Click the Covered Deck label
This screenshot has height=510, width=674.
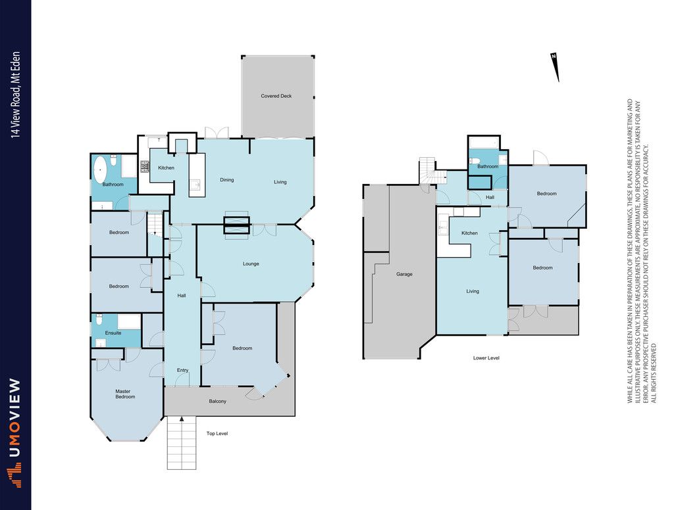pyautogui.click(x=276, y=96)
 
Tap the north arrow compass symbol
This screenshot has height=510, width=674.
pyautogui.click(x=555, y=66)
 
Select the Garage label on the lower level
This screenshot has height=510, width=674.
pyautogui.click(x=404, y=274)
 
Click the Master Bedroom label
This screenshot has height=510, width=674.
pyautogui.click(x=125, y=394)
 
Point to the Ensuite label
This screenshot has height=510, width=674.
pyautogui.click(x=113, y=333)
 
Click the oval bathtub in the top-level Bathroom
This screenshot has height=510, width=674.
pyautogui.click(x=100, y=171)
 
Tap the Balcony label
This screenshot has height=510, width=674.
pyautogui.click(x=217, y=402)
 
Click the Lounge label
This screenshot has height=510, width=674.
pyautogui.click(x=251, y=264)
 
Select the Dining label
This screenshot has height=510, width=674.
pyautogui.click(x=227, y=180)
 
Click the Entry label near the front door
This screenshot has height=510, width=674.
pyautogui.click(x=183, y=370)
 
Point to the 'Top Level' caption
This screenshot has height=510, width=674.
pyautogui.click(x=217, y=434)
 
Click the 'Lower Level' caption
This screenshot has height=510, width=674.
pyautogui.click(x=486, y=358)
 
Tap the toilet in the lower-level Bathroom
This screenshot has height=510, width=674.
pyautogui.click(x=474, y=161)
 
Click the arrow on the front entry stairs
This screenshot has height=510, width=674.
pyautogui.click(x=182, y=419)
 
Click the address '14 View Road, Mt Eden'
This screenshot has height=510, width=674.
pyautogui.click(x=16, y=95)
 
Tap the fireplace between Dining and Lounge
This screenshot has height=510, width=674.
pyautogui.click(x=236, y=225)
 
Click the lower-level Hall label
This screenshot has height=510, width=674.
pyautogui.click(x=490, y=197)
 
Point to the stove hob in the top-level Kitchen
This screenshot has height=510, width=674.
pyautogui.click(x=144, y=166)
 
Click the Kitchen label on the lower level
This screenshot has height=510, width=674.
pyautogui.click(x=469, y=233)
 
